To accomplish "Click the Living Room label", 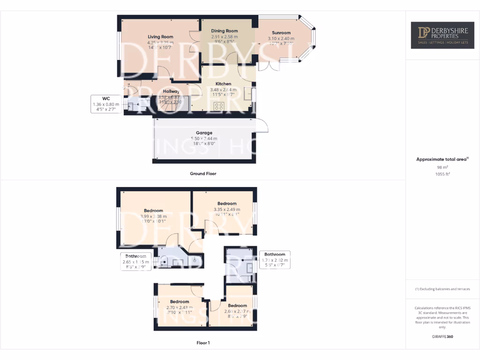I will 160,37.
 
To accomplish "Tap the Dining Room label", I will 224,31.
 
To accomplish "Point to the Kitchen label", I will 220,84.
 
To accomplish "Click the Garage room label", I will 204,133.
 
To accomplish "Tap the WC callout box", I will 106,104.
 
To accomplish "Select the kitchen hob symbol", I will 219,106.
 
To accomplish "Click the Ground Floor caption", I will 203,173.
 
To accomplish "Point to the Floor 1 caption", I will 203,343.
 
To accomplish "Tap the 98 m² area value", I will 442,167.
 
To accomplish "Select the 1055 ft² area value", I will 442,173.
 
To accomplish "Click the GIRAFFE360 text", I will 442,337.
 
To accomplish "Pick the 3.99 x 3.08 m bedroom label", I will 153,210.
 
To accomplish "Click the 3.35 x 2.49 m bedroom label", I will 226,203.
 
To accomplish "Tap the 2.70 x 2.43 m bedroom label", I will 180,301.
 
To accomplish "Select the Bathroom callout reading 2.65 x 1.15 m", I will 136,259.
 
